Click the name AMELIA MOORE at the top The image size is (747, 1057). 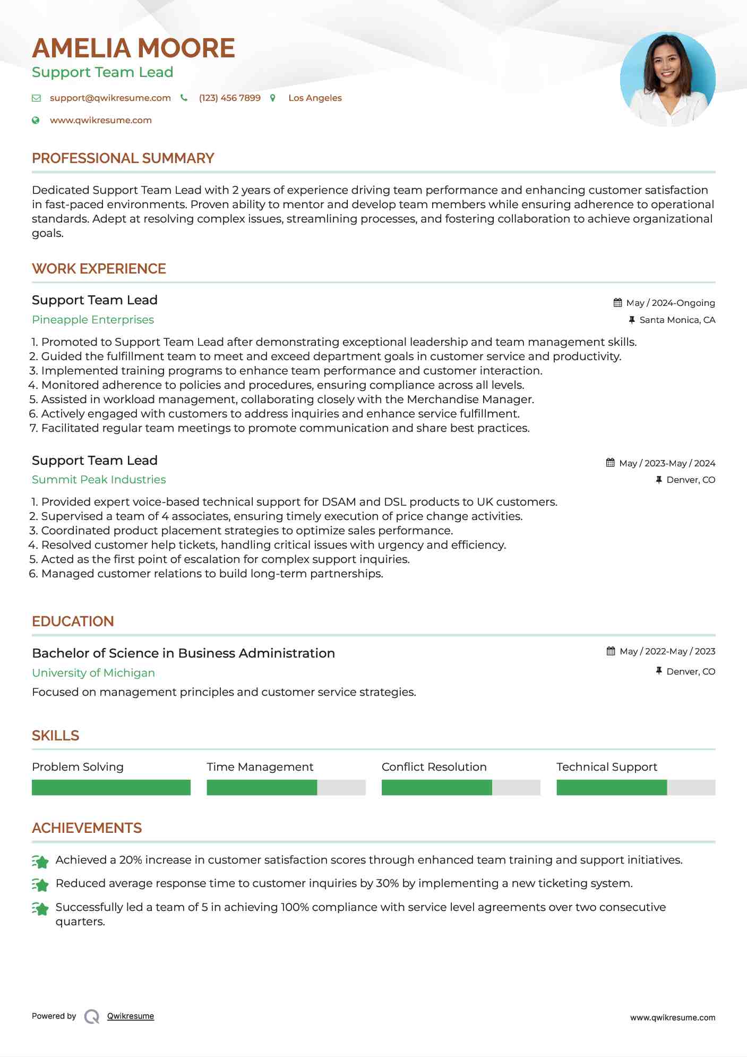point(133,48)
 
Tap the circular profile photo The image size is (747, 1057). point(667,79)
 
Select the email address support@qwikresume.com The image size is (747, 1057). point(110,98)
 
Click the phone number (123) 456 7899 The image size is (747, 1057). point(229,98)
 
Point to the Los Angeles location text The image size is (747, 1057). point(315,98)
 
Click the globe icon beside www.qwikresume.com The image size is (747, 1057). point(36,120)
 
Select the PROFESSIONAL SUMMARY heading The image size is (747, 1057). point(123,158)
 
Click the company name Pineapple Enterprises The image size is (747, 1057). point(93,320)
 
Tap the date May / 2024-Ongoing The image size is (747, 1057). point(670,303)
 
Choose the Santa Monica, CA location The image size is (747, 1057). point(677,320)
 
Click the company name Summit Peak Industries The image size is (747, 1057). point(99,480)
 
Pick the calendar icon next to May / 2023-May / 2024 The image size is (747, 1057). point(611,463)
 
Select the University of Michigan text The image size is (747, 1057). point(93,673)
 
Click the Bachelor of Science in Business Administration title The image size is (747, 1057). point(183,653)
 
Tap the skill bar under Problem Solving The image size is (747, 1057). point(111,787)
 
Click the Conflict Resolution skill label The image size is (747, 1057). point(434,767)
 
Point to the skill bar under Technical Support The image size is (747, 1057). point(636,787)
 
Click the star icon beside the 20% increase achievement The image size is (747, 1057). point(40,861)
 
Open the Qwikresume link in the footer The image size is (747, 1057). point(131,1016)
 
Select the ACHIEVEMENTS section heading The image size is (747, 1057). point(87,828)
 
